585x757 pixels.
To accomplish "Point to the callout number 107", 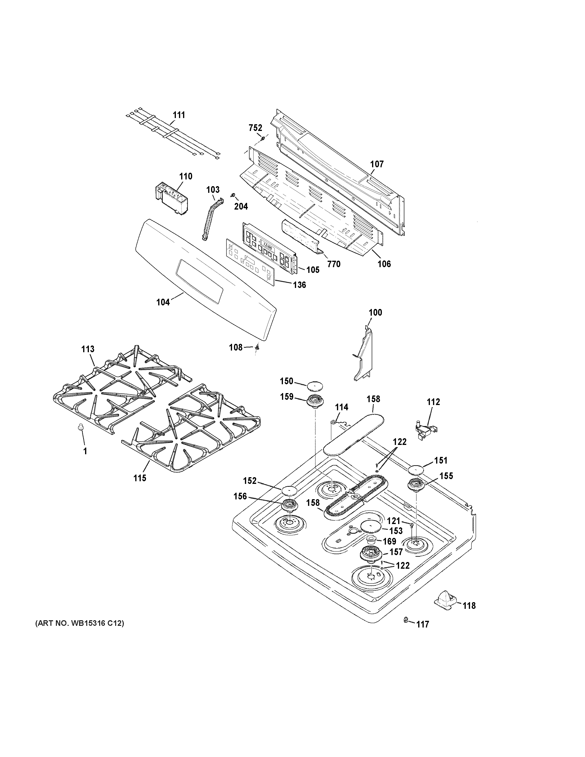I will point(377,164).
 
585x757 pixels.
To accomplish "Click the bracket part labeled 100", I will point(363,357).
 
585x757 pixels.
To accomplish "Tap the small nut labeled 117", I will point(406,619).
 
